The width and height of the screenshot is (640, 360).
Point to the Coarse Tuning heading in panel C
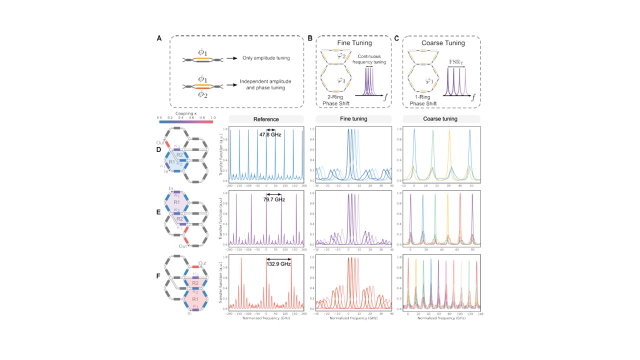click(441, 43)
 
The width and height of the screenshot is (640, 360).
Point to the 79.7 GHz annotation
click(274, 199)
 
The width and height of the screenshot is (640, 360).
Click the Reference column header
click(266, 119)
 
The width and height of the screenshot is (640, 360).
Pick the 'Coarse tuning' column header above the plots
click(442, 119)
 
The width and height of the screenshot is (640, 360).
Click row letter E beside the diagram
click(159, 212)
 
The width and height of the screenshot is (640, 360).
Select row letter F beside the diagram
click(159, 275)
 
